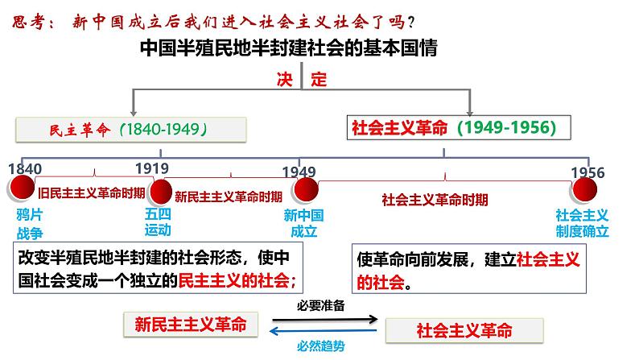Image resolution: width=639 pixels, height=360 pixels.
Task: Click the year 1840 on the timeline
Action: tap(23, 169)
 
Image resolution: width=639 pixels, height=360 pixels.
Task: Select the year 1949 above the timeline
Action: tap(299, 172)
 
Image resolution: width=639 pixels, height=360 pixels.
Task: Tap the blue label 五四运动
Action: tap(158, 222)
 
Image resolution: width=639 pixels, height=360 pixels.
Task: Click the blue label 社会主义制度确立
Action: tap(583, 223)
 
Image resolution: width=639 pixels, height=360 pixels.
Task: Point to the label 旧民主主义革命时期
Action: tap(92, 192)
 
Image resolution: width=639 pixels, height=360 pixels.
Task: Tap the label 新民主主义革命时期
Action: tap(229, 196)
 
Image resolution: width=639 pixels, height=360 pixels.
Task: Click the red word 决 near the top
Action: tap(283, 81)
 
